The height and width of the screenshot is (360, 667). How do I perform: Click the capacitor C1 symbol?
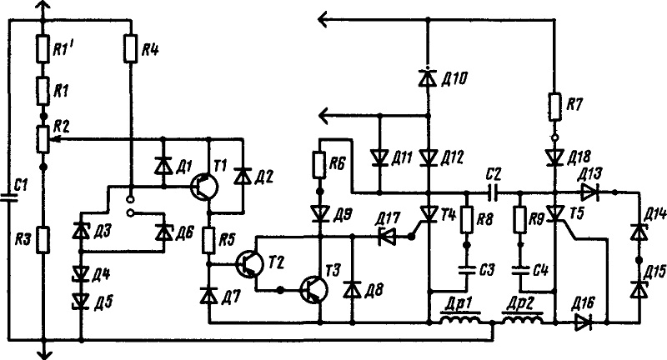9,197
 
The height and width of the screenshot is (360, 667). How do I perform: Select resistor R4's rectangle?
131,49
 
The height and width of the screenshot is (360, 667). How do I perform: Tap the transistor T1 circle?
204,187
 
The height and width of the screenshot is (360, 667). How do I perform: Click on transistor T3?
314,290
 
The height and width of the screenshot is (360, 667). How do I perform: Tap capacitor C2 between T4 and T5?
493,192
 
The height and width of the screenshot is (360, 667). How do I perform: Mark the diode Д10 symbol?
428,78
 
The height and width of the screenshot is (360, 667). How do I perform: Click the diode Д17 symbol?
387,236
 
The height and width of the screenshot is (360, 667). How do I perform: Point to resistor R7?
555,107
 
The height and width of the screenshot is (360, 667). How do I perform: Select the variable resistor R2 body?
43,139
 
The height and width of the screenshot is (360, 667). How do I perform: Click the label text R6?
337,163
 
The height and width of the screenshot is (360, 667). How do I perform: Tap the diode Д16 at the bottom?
583,323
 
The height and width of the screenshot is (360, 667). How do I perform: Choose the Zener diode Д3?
81,231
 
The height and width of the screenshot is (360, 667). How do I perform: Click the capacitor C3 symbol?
467,270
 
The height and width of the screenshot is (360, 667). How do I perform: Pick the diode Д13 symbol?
590,192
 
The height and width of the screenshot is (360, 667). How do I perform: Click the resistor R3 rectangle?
43,240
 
